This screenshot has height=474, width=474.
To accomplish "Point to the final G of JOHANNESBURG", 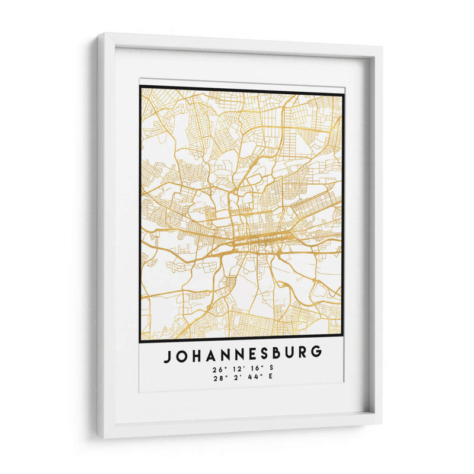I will coord(317,354).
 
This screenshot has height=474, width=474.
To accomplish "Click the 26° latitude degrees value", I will coord(215,369).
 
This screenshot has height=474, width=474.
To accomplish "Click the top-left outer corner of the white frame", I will coord(98,34).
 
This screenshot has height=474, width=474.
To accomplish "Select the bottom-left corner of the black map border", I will coord(140,342).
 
